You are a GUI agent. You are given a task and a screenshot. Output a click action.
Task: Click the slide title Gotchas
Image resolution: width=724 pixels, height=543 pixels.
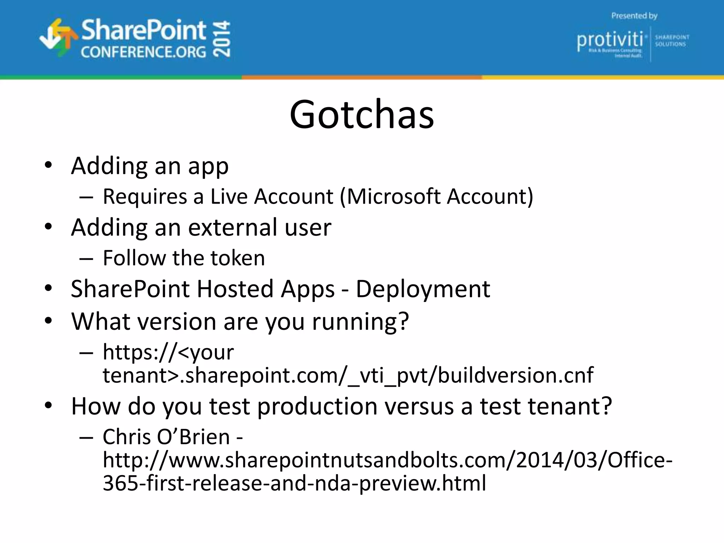[362, 115]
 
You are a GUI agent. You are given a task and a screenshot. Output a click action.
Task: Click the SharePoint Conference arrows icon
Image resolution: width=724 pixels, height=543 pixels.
[58, 38]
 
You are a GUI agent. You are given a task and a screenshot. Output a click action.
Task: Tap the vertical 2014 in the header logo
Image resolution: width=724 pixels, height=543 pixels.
[222, 39]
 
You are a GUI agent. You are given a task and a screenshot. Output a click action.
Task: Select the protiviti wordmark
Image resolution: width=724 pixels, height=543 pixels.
[610, 40]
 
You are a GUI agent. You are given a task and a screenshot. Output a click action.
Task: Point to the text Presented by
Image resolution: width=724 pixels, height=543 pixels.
[634, 16]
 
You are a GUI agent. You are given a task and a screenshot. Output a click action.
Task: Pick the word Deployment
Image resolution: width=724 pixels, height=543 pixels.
[423, 289]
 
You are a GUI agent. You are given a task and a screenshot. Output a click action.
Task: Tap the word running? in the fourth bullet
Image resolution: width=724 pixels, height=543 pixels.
[360, 322]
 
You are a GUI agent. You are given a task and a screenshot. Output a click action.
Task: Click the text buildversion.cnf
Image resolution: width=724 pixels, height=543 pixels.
[516, 375]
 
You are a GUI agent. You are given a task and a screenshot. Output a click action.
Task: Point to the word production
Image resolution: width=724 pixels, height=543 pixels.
[317, 406]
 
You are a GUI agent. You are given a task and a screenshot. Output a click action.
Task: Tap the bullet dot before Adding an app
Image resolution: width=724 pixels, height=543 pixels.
[48, 165]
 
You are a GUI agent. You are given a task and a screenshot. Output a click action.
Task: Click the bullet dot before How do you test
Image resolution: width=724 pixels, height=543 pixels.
[48, 405]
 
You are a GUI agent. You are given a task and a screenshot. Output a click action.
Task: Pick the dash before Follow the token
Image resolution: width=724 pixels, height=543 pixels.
[86, 258]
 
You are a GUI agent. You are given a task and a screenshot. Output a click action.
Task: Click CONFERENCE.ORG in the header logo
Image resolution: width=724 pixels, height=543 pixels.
[143, 52]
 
